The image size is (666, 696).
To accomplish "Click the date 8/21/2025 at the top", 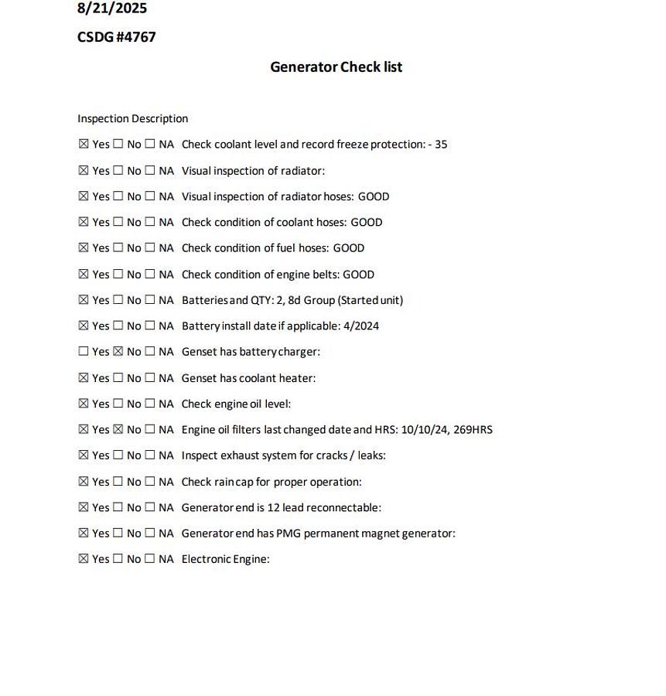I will (112, 9).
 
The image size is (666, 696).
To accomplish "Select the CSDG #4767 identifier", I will (117, 37).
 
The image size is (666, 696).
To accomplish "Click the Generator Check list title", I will (336, 67).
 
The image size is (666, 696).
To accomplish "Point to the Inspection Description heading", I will (133, 119).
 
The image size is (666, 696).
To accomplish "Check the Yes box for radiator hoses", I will (84, 196).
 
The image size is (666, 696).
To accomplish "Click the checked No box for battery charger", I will (118, 352).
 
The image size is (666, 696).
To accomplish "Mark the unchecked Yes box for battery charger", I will (84, 352).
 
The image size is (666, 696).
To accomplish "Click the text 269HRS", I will (471, 430).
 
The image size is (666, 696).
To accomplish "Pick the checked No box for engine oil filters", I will (118, 430).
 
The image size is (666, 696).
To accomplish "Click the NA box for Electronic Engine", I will (150, 559).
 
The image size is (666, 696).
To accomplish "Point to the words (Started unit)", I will (371, 300).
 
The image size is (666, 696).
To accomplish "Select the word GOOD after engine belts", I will (358, 275).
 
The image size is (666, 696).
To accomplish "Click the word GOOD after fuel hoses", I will (348, 248).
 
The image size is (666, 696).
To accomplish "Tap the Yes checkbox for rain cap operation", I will (84, 482).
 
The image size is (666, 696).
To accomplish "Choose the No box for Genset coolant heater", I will (118, 378).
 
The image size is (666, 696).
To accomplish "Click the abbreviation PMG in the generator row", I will (288, 534).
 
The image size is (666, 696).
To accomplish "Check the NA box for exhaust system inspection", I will (150, 455).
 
